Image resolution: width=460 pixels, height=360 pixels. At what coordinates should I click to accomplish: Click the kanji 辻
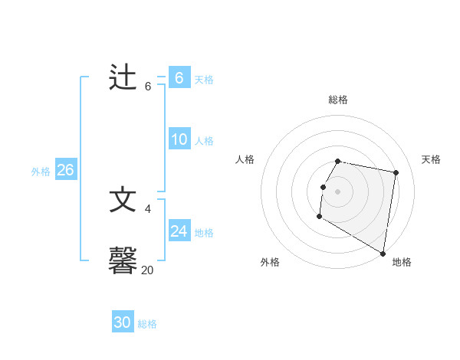123,78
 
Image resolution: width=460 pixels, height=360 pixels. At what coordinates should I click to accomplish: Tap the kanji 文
123,199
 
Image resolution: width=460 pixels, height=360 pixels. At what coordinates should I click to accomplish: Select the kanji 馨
123,260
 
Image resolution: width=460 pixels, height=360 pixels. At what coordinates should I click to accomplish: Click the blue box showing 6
179,77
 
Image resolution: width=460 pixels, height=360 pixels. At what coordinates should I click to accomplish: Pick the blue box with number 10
179,139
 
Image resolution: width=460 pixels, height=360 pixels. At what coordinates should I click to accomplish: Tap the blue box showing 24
179,231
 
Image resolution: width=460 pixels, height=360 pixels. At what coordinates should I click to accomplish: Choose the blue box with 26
65,169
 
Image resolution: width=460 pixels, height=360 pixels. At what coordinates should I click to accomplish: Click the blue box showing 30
123,322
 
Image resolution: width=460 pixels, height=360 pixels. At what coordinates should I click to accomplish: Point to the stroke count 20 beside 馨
147,270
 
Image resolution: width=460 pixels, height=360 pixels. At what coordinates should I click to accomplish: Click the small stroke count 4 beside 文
148,208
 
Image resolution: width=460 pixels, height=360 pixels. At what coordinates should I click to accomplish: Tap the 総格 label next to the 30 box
147,324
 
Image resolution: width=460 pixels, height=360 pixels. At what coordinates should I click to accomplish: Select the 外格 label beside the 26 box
41,172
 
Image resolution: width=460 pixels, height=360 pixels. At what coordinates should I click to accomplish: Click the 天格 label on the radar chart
432,159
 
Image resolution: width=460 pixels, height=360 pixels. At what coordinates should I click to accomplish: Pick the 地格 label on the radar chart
402,262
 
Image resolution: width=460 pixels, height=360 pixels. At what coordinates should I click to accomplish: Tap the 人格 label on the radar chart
245,159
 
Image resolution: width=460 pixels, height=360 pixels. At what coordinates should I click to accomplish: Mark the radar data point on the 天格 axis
396,173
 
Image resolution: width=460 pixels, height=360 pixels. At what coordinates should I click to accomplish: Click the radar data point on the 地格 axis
383,254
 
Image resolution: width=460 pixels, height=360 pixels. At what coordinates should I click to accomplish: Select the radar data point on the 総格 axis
338,162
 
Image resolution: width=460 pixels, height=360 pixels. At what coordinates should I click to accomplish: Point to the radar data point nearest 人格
323,187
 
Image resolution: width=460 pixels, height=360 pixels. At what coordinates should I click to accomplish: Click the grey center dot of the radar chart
338,191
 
